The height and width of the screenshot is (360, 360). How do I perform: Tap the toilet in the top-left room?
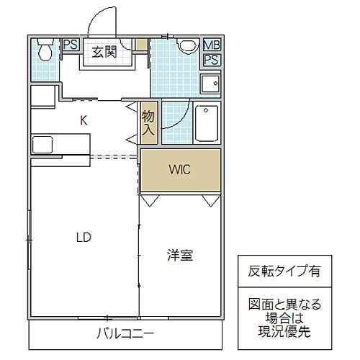click(45, 50)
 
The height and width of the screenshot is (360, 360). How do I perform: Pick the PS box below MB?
click(211, 60)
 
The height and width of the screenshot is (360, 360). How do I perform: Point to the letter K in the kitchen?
click(84, 121)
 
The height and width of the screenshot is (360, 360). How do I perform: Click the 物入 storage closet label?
click(148, 125)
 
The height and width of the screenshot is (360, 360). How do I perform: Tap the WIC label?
click(179, 171)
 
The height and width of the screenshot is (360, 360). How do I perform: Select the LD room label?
click(84, 235)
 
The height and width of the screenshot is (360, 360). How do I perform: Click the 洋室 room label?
click(179, 254)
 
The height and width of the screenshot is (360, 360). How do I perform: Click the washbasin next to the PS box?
click(210, 84)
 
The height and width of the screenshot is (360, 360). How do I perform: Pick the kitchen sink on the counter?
click(42, 143)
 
